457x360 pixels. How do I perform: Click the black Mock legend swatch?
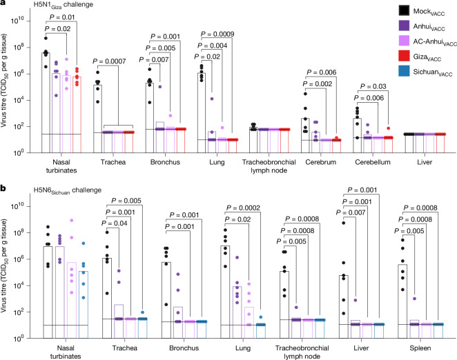point(404,10)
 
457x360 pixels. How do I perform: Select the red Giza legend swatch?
point(404,56)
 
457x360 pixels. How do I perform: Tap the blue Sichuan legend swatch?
point(404,71)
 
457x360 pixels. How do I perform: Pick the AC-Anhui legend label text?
point(435,42)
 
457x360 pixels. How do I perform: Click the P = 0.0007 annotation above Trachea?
point(109,61)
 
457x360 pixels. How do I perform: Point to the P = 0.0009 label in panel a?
point(217,34)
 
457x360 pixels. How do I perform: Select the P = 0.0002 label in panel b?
point(243,208)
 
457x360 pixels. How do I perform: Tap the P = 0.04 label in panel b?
point(115,223)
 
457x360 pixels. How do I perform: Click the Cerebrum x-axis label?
point(320,162)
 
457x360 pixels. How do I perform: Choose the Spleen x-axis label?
point(420,348)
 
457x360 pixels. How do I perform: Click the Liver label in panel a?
point(425,162)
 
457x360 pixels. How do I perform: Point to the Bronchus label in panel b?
point(184,348)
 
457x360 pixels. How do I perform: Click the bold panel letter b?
point(3,188)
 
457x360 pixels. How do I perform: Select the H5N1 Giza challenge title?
point(64,5)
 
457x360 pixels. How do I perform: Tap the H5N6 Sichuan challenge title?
point(68,190)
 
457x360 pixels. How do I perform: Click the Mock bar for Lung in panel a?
point(202,112)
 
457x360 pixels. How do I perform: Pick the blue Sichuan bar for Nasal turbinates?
point(84,305)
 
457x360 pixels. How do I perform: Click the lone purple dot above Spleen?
point(414,299)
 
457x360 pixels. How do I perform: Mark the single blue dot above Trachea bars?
point(142,312)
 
